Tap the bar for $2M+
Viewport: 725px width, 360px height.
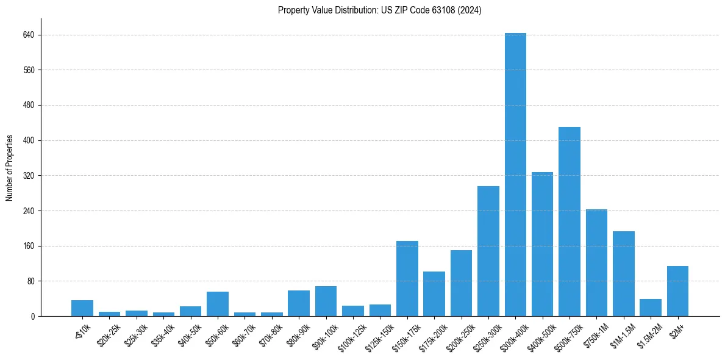pos(677,291)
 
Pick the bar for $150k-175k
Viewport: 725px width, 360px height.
pos(407,279)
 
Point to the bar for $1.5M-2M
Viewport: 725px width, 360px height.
pos(650,308)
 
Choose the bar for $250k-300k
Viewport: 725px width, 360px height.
pos(488,251)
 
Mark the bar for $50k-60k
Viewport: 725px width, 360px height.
pos(218,304)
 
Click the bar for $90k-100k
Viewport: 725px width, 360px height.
pos(326,301)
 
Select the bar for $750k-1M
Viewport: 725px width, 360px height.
pos(596,263)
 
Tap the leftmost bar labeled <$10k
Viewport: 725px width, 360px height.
pos(82,308)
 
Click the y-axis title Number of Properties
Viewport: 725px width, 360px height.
pos(9,168)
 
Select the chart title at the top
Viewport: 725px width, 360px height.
pos(379,10)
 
